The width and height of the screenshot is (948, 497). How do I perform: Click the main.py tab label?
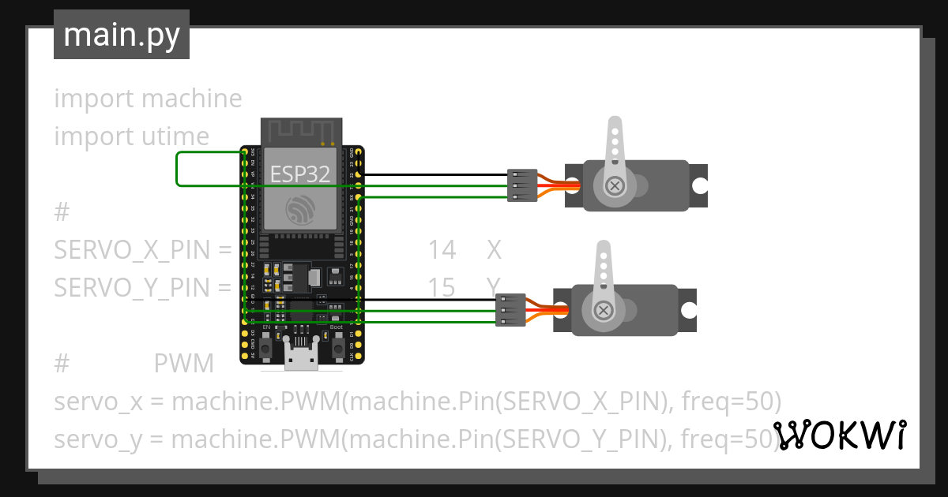click(x=122, y=35)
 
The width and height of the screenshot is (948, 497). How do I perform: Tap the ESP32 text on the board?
click(x=300, y=174)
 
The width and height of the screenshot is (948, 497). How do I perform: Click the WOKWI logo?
click(x=839, y=435)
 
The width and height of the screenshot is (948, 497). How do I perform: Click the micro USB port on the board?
click(x=303, y=359)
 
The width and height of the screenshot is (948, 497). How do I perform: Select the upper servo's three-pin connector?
click(x=522, y=185)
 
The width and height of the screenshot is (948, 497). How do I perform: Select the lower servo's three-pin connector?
click(x=511, y=310)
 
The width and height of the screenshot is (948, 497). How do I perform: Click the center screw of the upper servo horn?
click(x=614, y=186)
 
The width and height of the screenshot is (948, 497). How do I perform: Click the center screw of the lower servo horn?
click(x=604, y=310)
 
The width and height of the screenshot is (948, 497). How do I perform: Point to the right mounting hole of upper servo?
click(x=700, y=185)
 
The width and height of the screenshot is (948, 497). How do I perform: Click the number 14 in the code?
click(x=442, y=250)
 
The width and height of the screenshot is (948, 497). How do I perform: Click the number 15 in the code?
click(x=442, y=288)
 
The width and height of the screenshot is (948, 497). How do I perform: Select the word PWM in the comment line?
click(x=183, y=364)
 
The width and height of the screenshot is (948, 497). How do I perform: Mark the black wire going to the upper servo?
click(x=434, y=174)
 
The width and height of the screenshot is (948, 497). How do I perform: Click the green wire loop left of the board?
click(x=177, y=169)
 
